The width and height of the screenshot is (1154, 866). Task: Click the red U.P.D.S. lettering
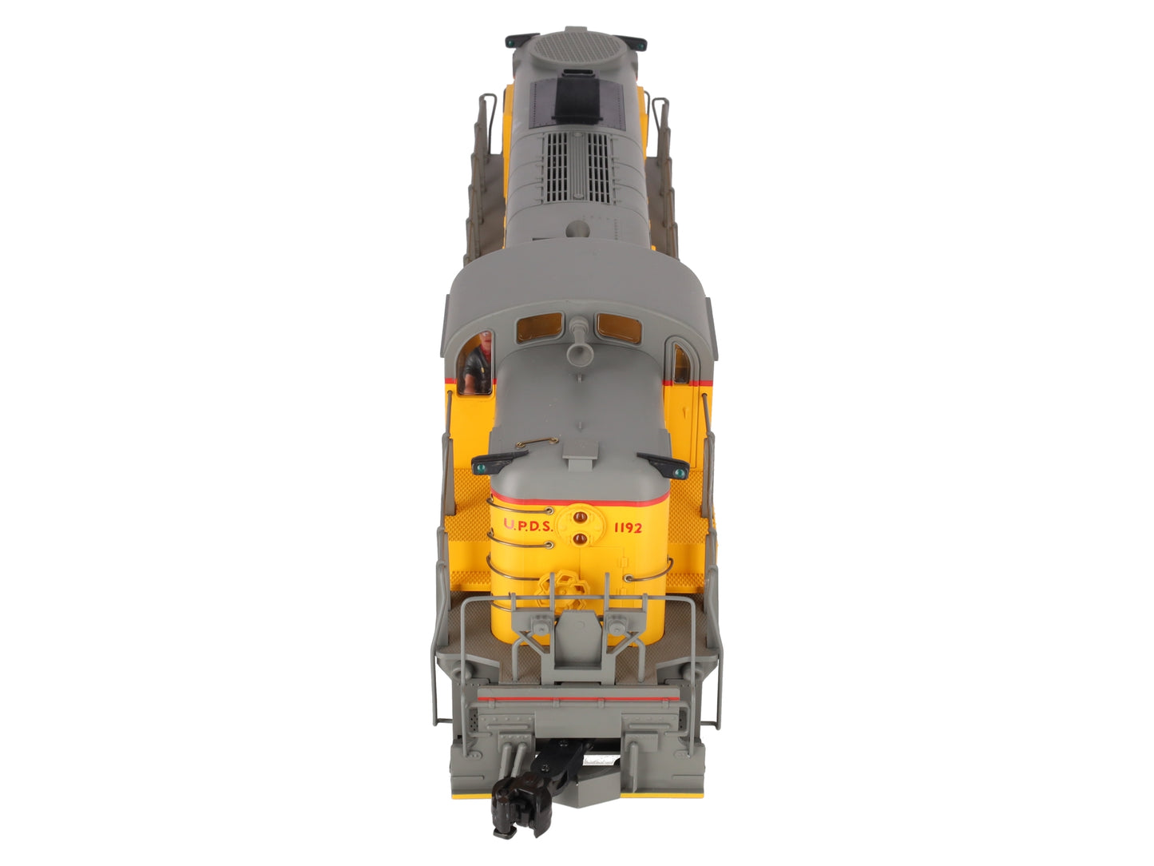[x=528, y=525]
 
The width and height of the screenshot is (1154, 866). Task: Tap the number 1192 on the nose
[x=628, y=527]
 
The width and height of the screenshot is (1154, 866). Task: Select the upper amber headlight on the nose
[x=580, y=518]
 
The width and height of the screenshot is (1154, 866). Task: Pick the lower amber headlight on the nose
[x=580, y=539]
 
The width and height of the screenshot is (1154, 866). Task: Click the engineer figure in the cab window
[x=478, y=363]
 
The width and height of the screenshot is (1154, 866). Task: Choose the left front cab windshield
[x=539, y=327]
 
